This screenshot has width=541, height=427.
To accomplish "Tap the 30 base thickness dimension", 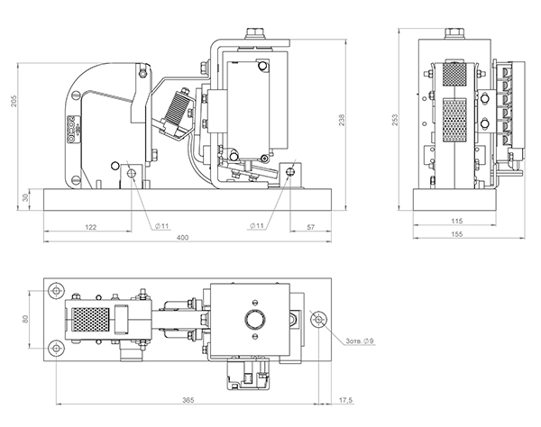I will tap(24, 197).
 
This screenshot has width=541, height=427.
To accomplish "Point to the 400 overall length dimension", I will tap(183, 237).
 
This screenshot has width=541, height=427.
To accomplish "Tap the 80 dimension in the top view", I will tap(26, 318).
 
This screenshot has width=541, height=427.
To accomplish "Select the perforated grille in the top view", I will tap(89, 319).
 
